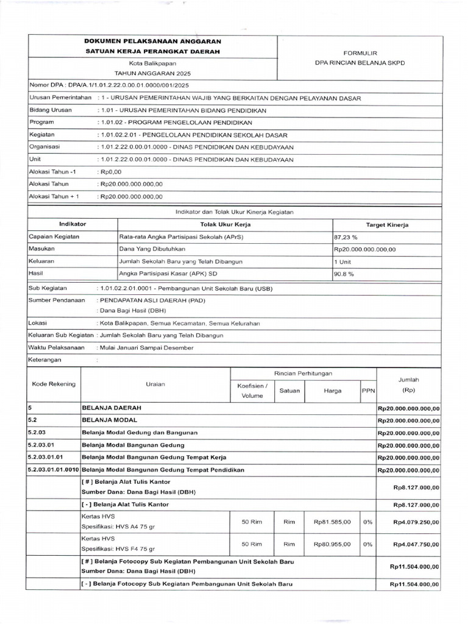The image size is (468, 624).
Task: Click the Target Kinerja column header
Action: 387,225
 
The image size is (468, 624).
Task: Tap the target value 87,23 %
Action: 345,237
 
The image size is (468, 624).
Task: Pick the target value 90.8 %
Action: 344,274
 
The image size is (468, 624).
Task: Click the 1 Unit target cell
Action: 342,261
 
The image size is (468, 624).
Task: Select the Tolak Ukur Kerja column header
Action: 225,225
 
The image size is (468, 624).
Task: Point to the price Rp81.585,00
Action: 332,522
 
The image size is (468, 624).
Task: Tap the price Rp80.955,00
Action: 332,544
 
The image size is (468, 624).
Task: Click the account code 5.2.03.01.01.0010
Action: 54,470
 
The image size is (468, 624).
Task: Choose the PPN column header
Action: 367,391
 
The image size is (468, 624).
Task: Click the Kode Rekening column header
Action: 54,384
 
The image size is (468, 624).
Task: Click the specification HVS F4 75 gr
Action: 118,548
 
